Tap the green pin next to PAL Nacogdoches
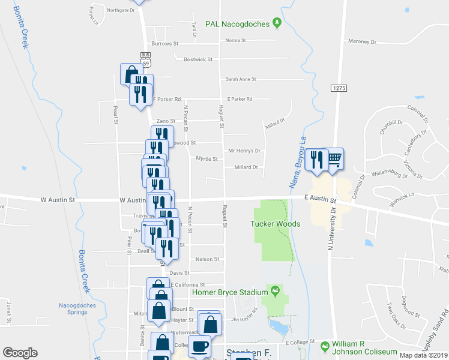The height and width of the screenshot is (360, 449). (277, 23)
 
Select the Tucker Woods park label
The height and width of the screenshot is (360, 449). (275, 224)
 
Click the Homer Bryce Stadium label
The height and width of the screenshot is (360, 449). (229, 292)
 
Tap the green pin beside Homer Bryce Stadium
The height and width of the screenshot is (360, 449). (275, 292)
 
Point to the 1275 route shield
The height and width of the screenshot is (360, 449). (339, 88)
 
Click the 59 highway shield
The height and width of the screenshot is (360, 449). (146, 62)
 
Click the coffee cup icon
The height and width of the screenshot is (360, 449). (200, 346)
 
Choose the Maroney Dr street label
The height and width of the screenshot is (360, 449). (361, 42)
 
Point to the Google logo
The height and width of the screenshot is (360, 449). (20, 353)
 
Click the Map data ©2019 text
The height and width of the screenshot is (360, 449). (424, 355)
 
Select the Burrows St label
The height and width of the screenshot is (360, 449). (165, 44)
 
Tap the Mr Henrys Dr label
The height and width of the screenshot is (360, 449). (244, 151)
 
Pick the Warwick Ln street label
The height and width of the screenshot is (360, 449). (402, 200)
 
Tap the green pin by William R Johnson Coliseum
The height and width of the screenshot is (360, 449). (325, 346)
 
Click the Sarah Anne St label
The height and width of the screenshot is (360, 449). (241, 79)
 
